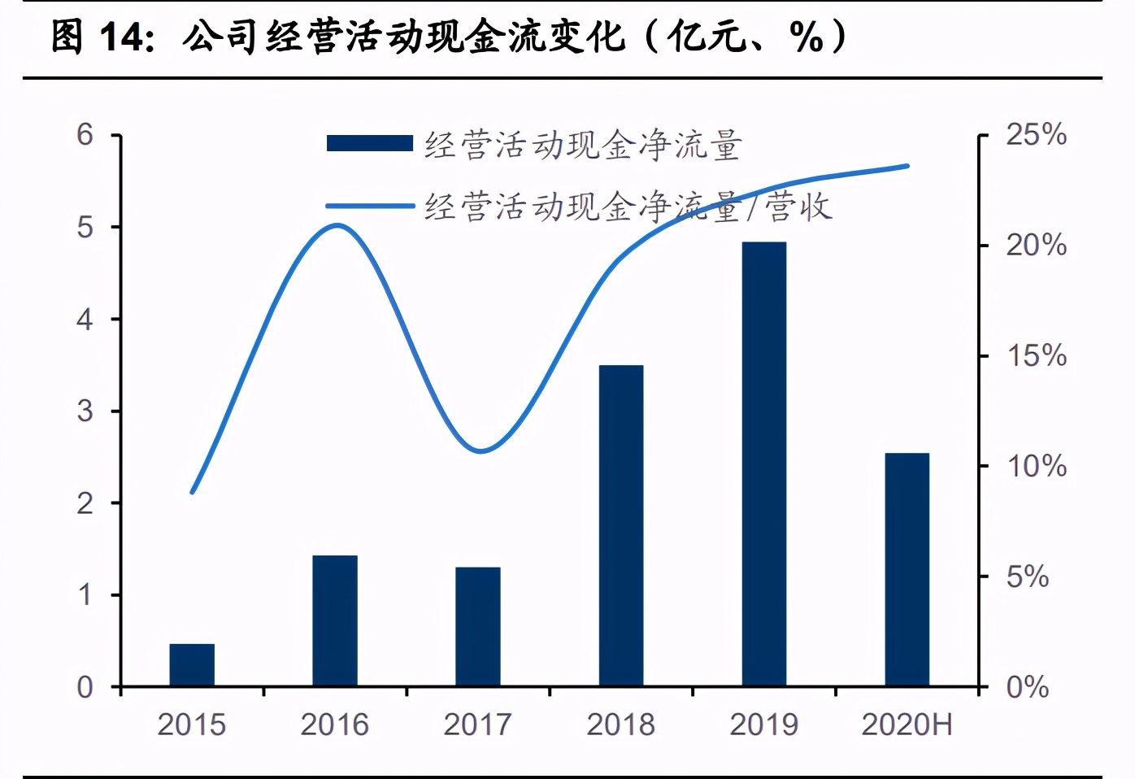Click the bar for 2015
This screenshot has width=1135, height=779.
coord(192,665)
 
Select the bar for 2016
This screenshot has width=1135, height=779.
coord(335,621)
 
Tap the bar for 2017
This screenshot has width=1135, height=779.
coord(478,627)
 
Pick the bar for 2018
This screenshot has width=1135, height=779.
coord(621,526)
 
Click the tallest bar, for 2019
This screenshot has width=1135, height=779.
coord(764,464)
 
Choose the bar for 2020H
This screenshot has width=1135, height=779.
coord(907,570)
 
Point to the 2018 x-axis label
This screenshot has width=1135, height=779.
coord(621,725)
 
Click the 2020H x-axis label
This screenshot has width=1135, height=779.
coord(907,725)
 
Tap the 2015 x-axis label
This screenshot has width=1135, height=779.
coord(192,725)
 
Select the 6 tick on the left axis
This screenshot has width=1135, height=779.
coord(85,135)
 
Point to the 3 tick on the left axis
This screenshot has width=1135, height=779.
coord(85,411)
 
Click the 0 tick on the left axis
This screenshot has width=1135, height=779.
coord(85,688)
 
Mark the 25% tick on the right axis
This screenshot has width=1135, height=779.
coord(1036,135)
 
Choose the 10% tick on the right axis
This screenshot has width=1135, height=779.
coord(1036,467)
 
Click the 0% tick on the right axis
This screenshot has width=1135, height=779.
coord(1028,688)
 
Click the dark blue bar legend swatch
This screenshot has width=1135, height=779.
coord(370,144)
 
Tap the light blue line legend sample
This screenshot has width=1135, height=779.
coord(370,207)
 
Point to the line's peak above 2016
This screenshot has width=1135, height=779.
coord(337,225)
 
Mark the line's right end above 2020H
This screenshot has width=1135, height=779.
coord(907,166)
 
